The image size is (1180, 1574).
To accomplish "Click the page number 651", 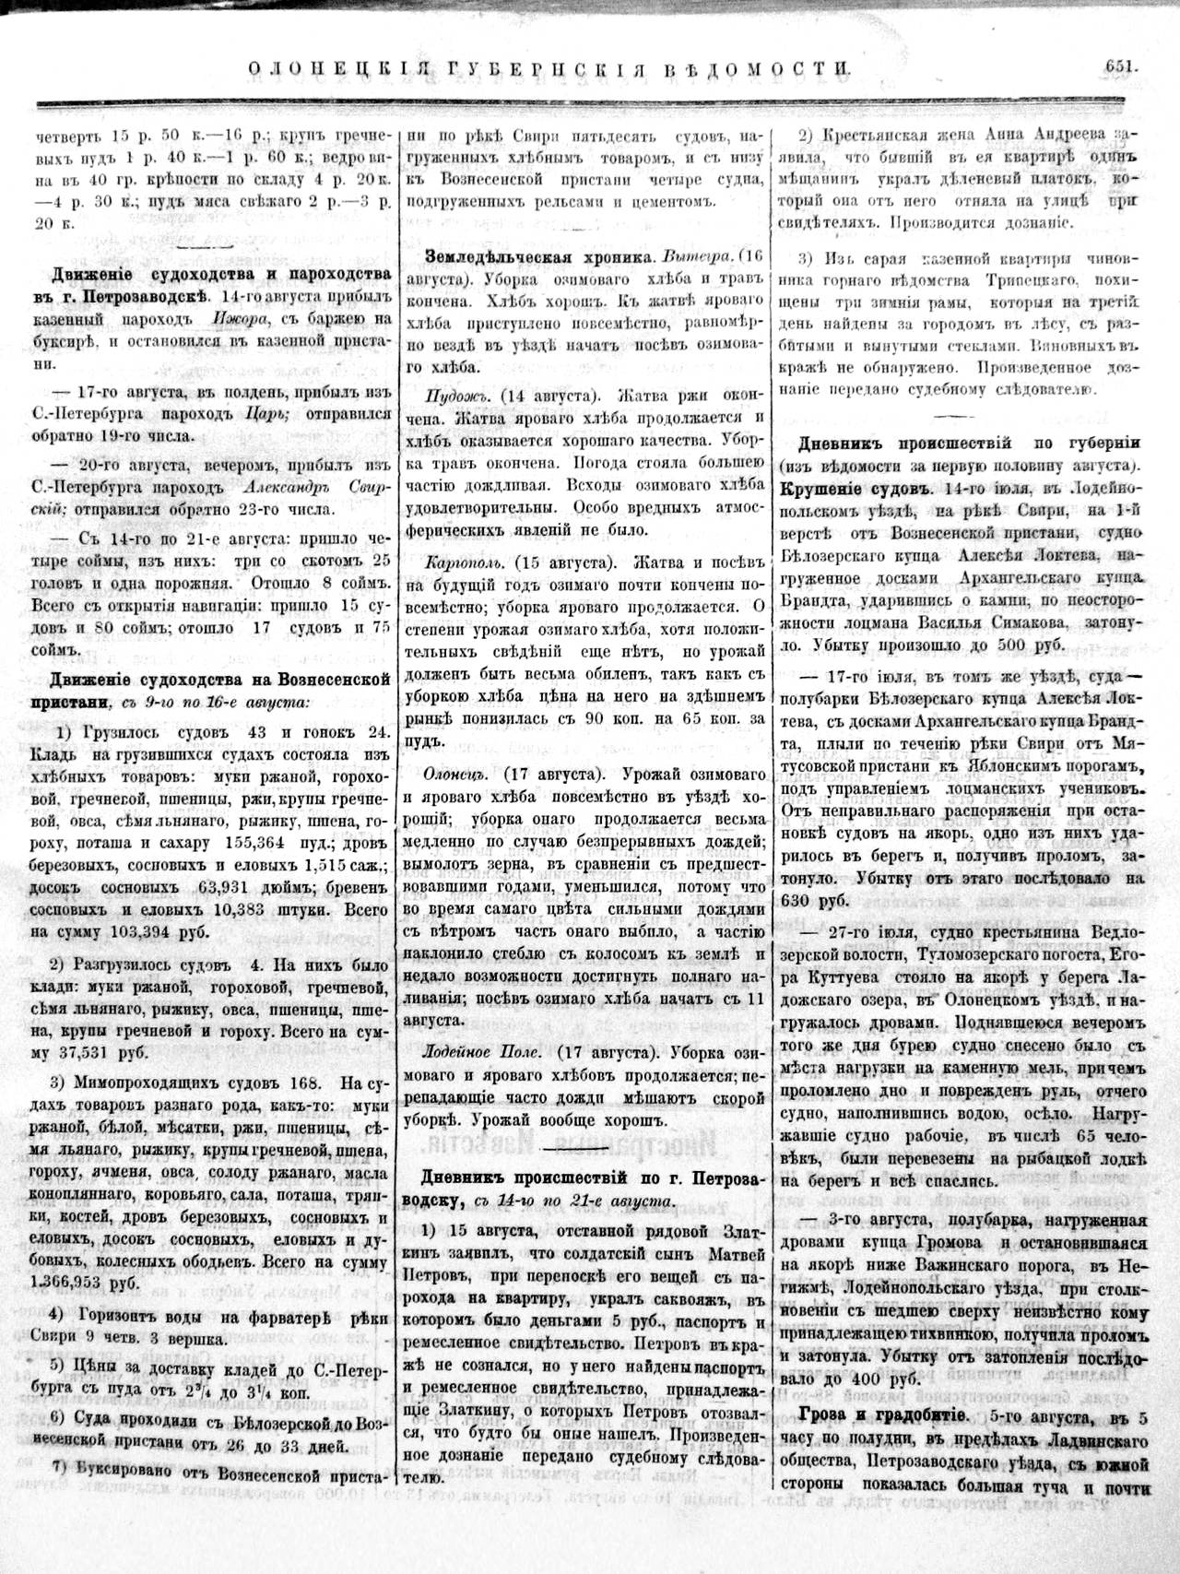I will coord(1114,66).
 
